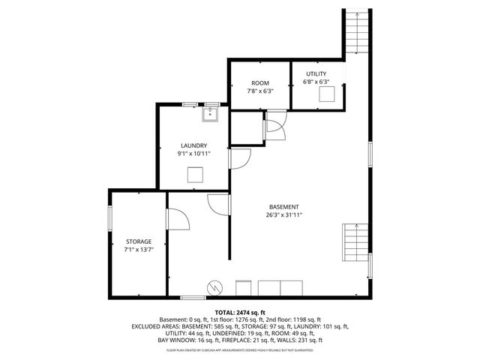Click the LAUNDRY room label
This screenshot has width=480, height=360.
click(193, 145)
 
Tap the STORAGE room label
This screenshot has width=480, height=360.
click(138, 241)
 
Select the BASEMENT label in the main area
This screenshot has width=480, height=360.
click(284, 207)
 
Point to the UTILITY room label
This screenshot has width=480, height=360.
click(316, 73)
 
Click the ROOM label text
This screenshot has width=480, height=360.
click(259, 82)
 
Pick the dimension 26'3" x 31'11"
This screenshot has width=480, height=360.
click(284, 215)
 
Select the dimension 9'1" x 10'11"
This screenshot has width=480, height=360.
click(193, 153)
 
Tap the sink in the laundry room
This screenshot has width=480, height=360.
click(211, 113)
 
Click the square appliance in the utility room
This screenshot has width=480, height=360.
click(327, 93)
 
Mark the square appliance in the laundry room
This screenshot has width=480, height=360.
click(196, 175)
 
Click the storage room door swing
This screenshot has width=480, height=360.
click(177, 219)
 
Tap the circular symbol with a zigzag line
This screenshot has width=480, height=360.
click(215, 287)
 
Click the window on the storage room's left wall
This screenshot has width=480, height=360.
click(110, 220)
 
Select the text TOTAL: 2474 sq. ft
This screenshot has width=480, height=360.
click(240, 312)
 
